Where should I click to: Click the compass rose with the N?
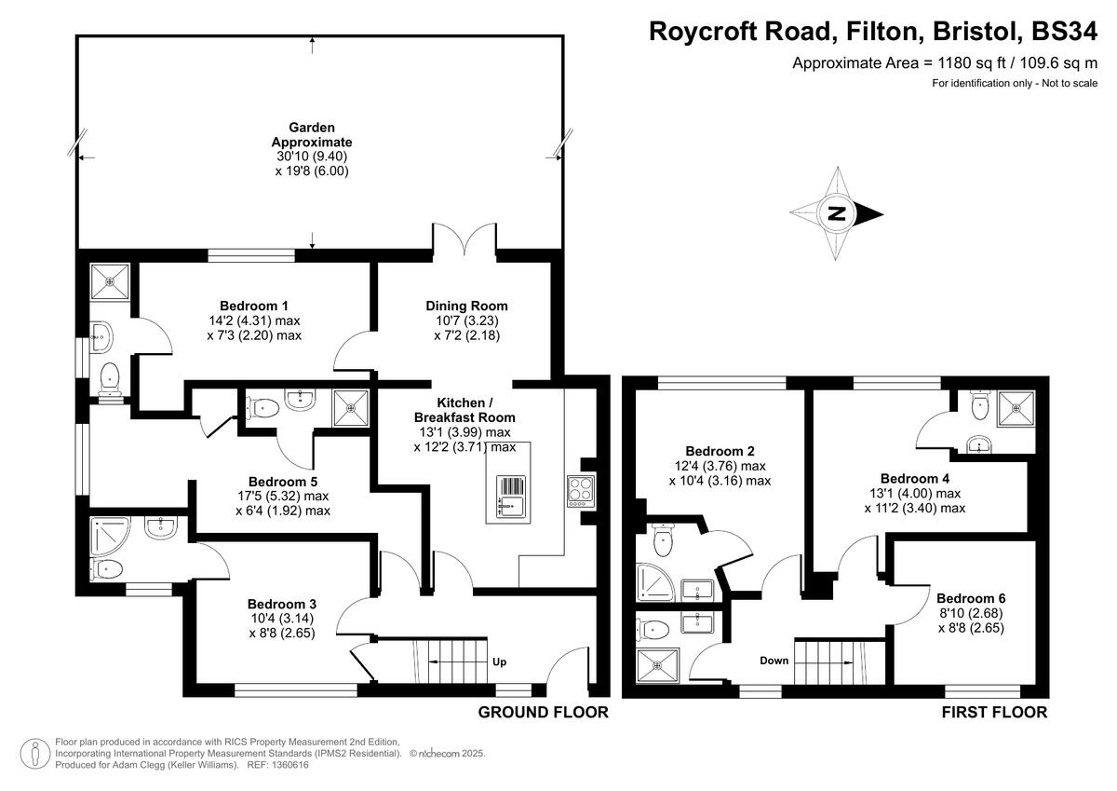[836, 213]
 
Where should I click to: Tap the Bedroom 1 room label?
[254, 306]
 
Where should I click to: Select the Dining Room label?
[466, 306]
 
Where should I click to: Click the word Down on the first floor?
[774, 661]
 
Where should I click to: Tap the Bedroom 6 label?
[971, 598]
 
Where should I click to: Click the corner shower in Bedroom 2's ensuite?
[656, 580]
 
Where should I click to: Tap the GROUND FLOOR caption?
[543, 713]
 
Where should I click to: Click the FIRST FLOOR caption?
[994, 713]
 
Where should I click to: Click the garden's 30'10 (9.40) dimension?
[312, 157]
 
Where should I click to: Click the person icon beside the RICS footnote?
[34, 752]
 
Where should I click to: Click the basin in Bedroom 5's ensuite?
[300, 402]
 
